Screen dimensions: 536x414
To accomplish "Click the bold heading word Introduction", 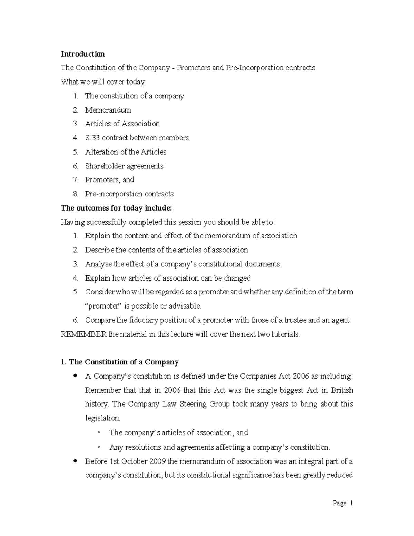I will [x=82, y=54].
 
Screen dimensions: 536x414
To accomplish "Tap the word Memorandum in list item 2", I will [x=108, y=110].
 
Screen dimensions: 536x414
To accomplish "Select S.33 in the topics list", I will [x=92, y=138].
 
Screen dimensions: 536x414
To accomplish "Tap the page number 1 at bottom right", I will [x=351, y=503].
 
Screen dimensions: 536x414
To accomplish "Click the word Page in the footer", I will [x=339, y=503].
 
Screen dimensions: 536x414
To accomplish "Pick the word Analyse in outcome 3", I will [x=98, y=264].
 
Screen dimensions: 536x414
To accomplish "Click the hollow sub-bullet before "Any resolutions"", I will [x=99, y=447].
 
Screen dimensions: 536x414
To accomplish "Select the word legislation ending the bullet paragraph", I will [x=102, y=418].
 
